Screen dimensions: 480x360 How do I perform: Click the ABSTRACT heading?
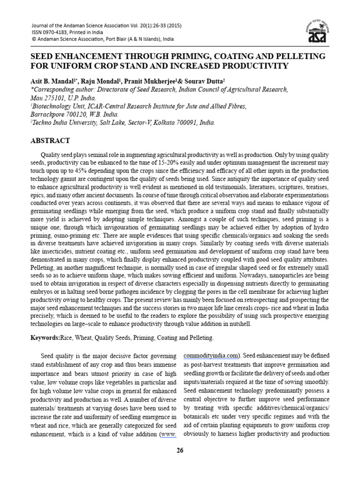coord(50,141)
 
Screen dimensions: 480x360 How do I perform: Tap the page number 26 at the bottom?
coord(180,450)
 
